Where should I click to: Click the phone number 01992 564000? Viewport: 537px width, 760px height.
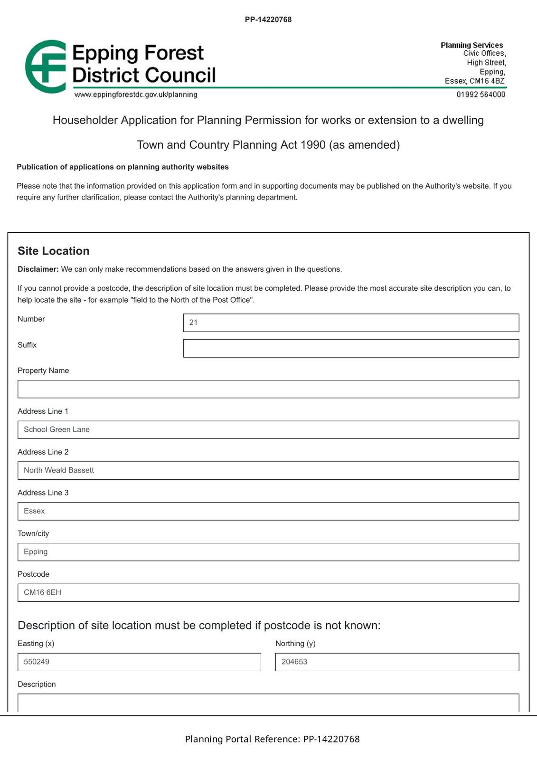[480, 95]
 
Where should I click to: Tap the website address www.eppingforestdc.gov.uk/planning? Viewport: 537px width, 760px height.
[136, 95]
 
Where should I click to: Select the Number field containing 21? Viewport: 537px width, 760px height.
[351, 323]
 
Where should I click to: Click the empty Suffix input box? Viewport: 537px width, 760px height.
[351, 348]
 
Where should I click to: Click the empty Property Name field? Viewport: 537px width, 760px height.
[268, 389]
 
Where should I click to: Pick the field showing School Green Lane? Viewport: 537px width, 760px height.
[268, 430]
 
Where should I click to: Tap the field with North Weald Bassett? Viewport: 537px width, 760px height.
[268, 470]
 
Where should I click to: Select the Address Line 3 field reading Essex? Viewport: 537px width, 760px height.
[268, 511]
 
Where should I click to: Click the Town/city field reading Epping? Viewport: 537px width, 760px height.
[268, 552]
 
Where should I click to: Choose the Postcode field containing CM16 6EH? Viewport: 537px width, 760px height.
[268, 593]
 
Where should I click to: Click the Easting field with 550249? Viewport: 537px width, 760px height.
[139, 662]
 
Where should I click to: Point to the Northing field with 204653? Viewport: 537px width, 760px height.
[397, 662]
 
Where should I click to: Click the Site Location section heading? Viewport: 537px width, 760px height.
[54, 251]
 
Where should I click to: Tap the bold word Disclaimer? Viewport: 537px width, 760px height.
[38, 269]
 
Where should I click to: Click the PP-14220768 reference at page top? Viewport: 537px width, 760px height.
[268, 19]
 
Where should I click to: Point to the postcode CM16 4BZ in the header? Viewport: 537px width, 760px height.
[487, 81]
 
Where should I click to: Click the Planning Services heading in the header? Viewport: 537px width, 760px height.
[471, 45]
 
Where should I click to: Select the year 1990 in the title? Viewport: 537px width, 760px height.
[313, 145]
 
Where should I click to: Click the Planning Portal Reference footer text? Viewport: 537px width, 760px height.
[272, 739]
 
